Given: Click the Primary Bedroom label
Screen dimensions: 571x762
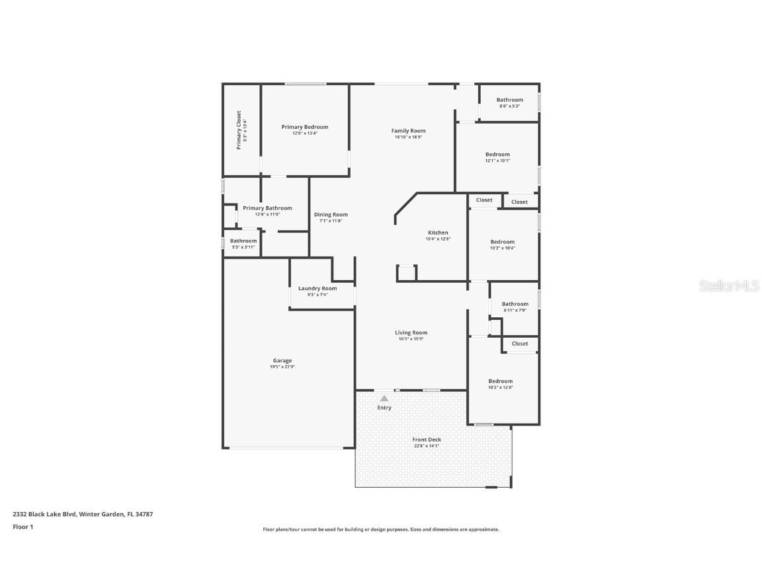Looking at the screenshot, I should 304,127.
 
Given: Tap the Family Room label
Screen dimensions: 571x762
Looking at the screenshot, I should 408,131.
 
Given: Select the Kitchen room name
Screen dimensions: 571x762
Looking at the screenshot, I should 438,233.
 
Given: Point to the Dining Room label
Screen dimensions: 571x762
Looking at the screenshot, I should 331,215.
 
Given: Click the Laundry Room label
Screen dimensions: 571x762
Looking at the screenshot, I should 317,288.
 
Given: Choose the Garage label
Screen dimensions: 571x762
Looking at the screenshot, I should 282,361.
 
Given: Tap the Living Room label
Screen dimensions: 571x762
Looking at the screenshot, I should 411,333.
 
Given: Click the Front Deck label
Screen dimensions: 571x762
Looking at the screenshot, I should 427,439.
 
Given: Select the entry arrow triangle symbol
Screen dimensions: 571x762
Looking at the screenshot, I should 384,398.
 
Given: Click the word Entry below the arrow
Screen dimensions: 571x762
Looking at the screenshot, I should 384,408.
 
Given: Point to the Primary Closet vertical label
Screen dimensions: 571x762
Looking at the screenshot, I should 239,130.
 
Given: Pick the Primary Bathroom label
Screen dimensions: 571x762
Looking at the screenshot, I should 267,208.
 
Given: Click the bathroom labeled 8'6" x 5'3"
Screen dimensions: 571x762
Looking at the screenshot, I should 509,100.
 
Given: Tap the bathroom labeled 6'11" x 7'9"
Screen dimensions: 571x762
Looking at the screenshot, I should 515,304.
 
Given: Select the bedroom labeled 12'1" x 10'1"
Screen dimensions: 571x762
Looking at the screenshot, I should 497,155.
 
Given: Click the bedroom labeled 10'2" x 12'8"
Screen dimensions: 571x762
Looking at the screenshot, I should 500,381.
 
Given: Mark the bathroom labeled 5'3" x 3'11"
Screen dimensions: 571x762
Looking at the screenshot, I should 243,241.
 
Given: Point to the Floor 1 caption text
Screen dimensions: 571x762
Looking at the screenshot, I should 22,527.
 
